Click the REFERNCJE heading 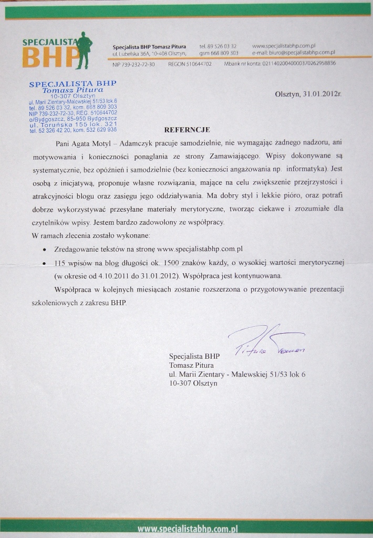[x=187, y=129]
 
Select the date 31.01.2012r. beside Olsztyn [x=322, y=94]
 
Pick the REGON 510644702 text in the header [x=190, y=64]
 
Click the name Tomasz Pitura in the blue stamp [x=73, y=90]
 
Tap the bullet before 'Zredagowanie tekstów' [x=45, y=248]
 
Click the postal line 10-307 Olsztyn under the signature [x=193, y=384]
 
